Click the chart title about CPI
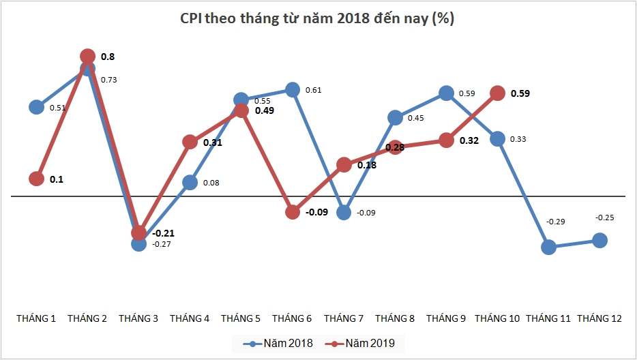click(x=318, y=19)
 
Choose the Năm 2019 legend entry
click(x=360, y=343)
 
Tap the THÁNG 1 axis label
click(x=37, y=318)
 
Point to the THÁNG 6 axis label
click(x=293, y=318)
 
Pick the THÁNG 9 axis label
click(x=447, y=318)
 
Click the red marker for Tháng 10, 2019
click(x=498, y=93)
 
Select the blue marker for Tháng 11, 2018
click(x=549, y=247)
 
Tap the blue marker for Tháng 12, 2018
click(x=600, y=240)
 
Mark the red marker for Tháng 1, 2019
click(x=37, y=179)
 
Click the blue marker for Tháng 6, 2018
click(x=293, y=89)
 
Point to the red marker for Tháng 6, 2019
click(x=293, y=212)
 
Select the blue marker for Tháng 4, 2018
click(x=190, y=182)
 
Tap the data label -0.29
click(x=556, y=222)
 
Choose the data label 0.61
click(x=313, y=90)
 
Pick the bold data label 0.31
click(x=213, y=143)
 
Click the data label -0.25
click(x=604, y=217)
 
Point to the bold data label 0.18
click(x=366, y=165)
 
